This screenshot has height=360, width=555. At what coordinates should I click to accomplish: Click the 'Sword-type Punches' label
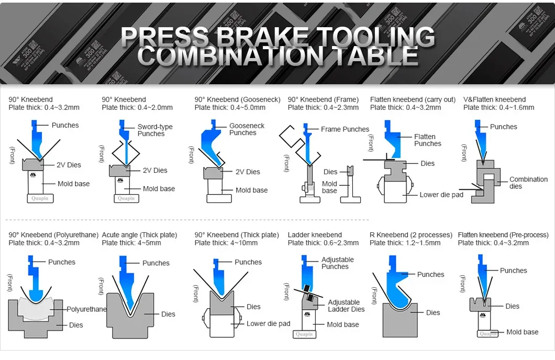(154, 130)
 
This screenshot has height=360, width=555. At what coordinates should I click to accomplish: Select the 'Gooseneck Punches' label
(247, 129)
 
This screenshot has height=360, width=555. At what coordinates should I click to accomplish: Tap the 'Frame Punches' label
(345, 129)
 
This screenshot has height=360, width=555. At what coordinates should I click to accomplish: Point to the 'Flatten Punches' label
(427, 140)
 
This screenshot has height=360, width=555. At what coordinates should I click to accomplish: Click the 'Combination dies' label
(528, 183)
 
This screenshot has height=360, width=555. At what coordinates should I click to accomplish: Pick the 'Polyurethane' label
(86, 309)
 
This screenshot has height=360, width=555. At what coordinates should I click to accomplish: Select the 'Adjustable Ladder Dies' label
(346, 306)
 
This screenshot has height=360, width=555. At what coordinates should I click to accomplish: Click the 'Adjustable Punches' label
(337, 263)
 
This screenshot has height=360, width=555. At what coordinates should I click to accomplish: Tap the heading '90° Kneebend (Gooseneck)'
(237, 99)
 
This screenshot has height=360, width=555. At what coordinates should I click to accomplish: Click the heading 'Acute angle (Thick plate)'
(139, 235)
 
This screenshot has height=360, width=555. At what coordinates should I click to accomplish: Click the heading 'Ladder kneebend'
(315, 235)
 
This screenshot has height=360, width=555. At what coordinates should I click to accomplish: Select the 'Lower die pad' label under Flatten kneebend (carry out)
(441, 195)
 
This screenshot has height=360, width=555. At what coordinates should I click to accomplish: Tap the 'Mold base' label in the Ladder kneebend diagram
(342, 324)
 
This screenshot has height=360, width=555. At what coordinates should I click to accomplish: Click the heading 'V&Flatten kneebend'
(494, 99)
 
